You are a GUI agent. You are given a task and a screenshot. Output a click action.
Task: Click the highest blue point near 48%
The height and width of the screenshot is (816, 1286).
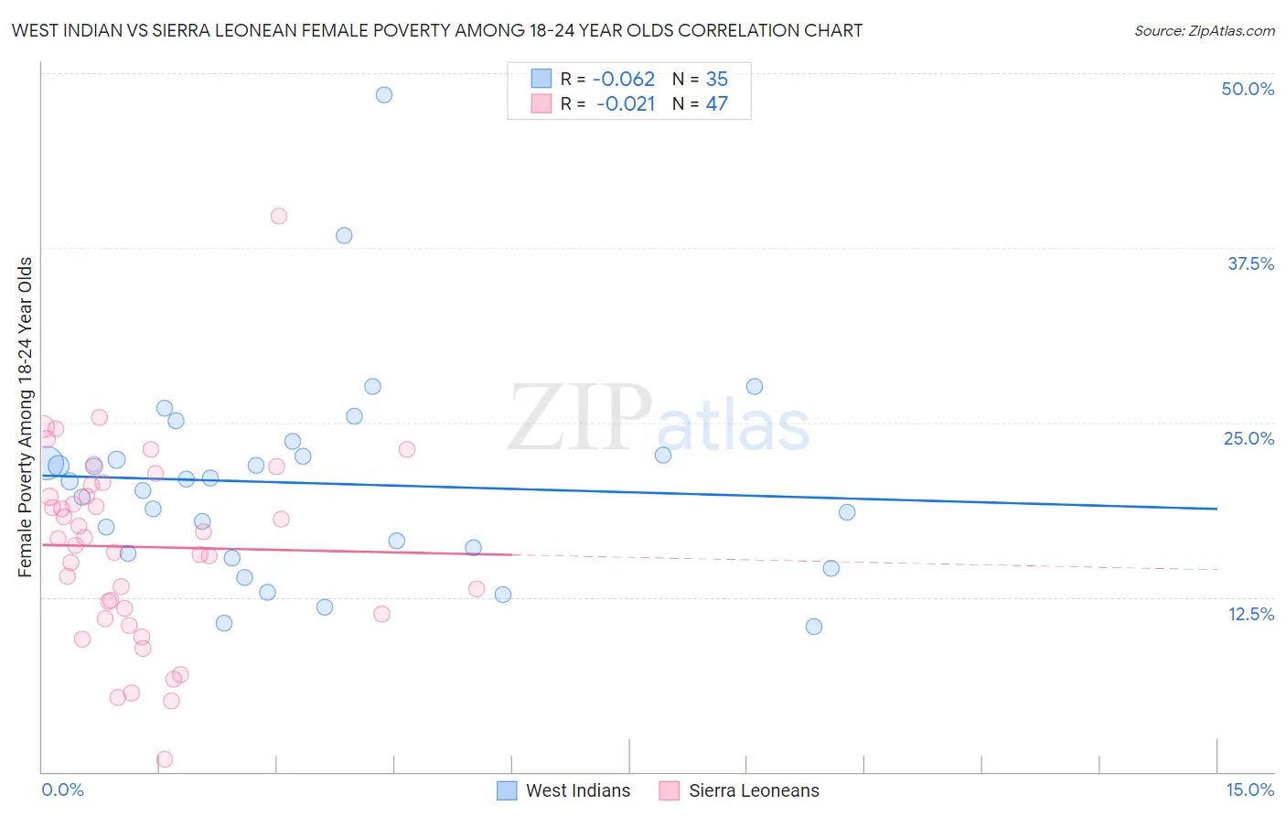384,95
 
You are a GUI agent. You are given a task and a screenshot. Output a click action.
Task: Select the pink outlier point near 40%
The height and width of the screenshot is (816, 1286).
279,216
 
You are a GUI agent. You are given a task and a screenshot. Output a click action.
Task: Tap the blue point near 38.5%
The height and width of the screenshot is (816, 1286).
344,235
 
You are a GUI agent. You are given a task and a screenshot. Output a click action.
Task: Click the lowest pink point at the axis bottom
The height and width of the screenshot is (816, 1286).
165,759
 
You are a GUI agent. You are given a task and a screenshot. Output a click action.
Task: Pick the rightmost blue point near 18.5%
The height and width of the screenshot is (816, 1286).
847,512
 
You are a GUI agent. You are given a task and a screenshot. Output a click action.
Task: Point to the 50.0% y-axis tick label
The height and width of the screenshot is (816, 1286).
1248,89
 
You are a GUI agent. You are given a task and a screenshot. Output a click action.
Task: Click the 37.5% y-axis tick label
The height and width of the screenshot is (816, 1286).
1250,263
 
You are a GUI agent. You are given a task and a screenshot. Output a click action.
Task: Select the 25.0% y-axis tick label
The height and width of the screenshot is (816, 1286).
1248,438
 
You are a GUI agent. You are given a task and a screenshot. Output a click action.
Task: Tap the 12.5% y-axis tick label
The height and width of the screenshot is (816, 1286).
1250,614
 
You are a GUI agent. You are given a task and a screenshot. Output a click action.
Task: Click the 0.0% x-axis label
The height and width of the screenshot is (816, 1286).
62,789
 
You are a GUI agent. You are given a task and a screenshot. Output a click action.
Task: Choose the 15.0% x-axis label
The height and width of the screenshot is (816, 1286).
1249,789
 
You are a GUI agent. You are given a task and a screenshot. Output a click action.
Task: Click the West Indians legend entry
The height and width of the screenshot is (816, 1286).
564,790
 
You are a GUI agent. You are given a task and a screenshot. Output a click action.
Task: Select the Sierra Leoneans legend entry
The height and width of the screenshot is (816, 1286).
740,790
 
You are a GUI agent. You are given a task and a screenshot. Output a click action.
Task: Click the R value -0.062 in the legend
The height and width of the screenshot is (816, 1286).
625,80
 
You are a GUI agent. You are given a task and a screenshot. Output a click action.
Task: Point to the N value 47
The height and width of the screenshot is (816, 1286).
716,103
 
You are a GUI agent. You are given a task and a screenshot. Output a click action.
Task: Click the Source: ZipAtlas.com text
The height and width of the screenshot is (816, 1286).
1204,30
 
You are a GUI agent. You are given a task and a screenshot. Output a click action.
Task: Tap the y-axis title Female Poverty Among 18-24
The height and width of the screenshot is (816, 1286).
26,417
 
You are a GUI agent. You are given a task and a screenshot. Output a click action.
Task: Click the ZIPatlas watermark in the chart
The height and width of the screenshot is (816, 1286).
659,419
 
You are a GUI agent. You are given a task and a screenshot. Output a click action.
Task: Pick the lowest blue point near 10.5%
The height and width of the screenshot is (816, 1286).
814,627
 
